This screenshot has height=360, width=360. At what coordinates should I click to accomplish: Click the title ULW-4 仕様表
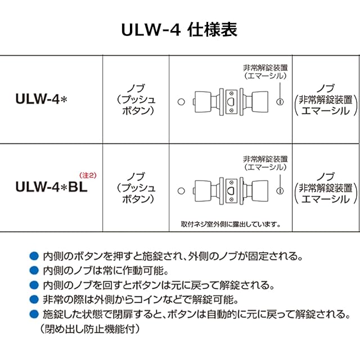pos(179,29)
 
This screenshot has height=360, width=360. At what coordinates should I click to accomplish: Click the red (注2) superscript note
pos(88,175)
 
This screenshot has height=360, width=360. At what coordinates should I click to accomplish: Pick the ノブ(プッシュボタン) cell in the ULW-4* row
pos(136,99)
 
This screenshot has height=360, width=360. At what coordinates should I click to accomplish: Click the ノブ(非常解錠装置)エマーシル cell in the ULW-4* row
pos(326,100)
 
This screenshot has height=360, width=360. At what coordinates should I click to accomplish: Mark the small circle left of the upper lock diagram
pos(181,103)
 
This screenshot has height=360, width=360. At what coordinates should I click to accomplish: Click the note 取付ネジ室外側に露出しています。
pos(230,223)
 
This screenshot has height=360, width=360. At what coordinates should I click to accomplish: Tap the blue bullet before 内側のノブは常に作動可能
pos(33,270)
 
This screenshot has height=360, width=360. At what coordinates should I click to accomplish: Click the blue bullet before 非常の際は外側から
pos(33,299)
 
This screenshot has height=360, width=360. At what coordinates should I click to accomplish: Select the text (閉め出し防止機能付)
pos(89,328)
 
